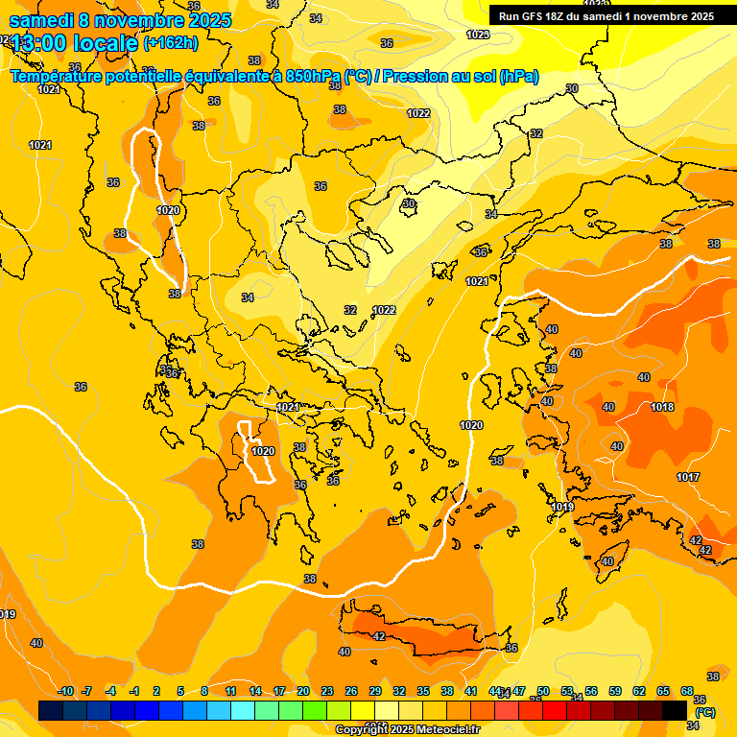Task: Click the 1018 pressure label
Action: [662, 407]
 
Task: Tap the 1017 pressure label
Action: [688, 477]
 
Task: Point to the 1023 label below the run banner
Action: [478, 35]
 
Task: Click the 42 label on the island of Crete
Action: [379, 636]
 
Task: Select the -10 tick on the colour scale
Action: [65, 691]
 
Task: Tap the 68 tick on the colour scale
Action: [687, 691]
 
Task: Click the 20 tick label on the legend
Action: [303, 691]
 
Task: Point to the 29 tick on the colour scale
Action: [375, 691]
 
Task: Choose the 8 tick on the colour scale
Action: [204, 691]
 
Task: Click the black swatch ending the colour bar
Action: [675, 710]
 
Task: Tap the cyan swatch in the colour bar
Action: [243, 710]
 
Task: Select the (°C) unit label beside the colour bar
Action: [704, 712]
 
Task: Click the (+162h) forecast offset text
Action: [171, 42]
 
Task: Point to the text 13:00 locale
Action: [75, 43]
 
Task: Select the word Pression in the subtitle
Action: [416, 76]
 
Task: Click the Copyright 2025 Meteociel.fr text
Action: [408, 729]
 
